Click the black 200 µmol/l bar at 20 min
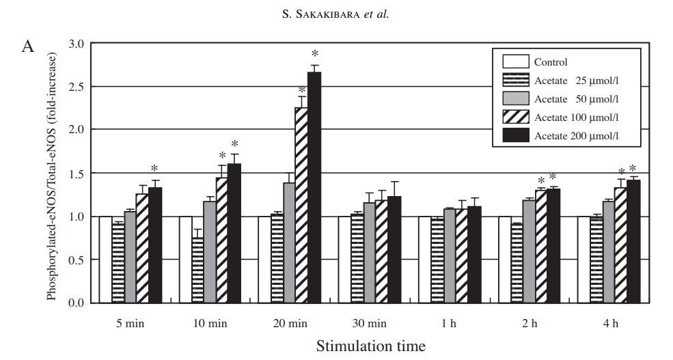(x=314, y=187)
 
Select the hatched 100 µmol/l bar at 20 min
(x=301, y=205)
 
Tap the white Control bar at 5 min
(x=105, y=260)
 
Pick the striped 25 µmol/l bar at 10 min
(x=197, y=270)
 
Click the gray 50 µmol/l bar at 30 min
(x=370, y=253)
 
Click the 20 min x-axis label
(x=290, y=322)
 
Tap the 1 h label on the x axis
(x=452, y=322)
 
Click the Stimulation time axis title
(x=370, y=346)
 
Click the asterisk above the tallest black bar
(x=315, y=54)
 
